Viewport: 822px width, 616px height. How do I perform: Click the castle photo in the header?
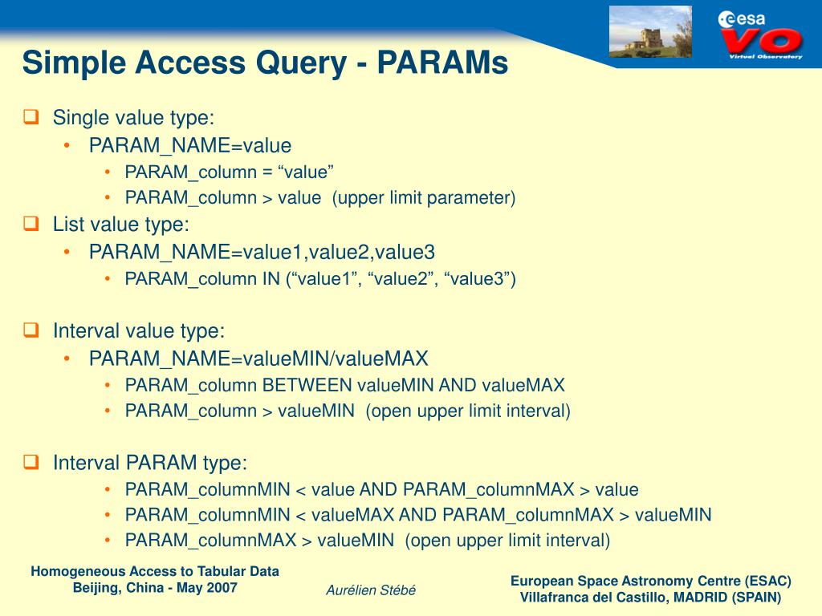650,32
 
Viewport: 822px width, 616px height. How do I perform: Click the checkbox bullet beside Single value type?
31,117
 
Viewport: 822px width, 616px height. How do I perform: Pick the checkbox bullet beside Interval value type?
31,329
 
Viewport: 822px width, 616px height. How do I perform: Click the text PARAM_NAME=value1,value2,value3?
262,252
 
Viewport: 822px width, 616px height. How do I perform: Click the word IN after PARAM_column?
271,278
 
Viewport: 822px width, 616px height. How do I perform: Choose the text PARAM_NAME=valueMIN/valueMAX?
258,358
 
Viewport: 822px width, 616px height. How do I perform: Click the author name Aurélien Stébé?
371,590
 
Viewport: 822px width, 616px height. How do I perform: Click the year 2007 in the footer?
221,587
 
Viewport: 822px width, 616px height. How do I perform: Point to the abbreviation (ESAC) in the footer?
767,581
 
